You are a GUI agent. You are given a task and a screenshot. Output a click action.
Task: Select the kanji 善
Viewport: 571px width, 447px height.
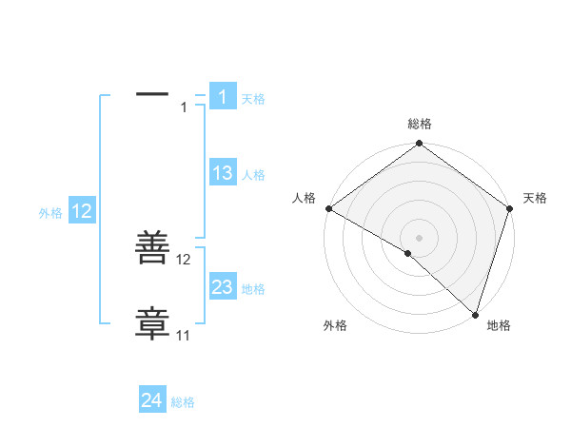(152, 250)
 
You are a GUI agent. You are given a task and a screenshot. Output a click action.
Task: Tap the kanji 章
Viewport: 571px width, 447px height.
(152, 323)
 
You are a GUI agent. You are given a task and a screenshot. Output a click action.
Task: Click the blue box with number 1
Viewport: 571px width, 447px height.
(222, 97)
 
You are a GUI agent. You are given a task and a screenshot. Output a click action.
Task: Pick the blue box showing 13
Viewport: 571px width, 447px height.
(222, 173)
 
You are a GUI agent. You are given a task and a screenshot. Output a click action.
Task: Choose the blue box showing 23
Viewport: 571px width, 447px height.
(222, 287)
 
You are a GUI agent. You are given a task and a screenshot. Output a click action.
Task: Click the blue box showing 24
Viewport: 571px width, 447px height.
(152, 400)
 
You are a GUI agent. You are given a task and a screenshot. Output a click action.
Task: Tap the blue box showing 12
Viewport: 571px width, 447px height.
(82, 211)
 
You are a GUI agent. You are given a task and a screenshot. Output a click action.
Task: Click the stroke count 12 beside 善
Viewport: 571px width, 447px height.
(184, 259)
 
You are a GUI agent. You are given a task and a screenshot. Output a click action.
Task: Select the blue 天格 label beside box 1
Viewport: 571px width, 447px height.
(253, 99)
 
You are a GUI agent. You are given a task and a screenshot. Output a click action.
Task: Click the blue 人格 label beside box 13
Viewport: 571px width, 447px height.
(253, 175)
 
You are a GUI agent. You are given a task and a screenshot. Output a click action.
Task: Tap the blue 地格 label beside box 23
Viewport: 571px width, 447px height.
(253, 289)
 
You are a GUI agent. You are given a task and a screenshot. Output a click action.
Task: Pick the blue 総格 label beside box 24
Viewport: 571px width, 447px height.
(183, 402)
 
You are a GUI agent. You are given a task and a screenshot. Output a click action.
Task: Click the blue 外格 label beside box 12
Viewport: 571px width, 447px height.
(50, 214)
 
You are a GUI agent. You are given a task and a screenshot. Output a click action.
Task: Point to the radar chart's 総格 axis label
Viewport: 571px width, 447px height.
(419, 124)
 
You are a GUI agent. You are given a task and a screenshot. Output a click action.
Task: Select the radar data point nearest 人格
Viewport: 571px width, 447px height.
(328, 208)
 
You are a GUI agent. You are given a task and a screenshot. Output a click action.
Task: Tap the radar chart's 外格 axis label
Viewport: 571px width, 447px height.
(335, 325)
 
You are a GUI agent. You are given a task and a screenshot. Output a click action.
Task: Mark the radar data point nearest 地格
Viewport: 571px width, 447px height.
(475, 315)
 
